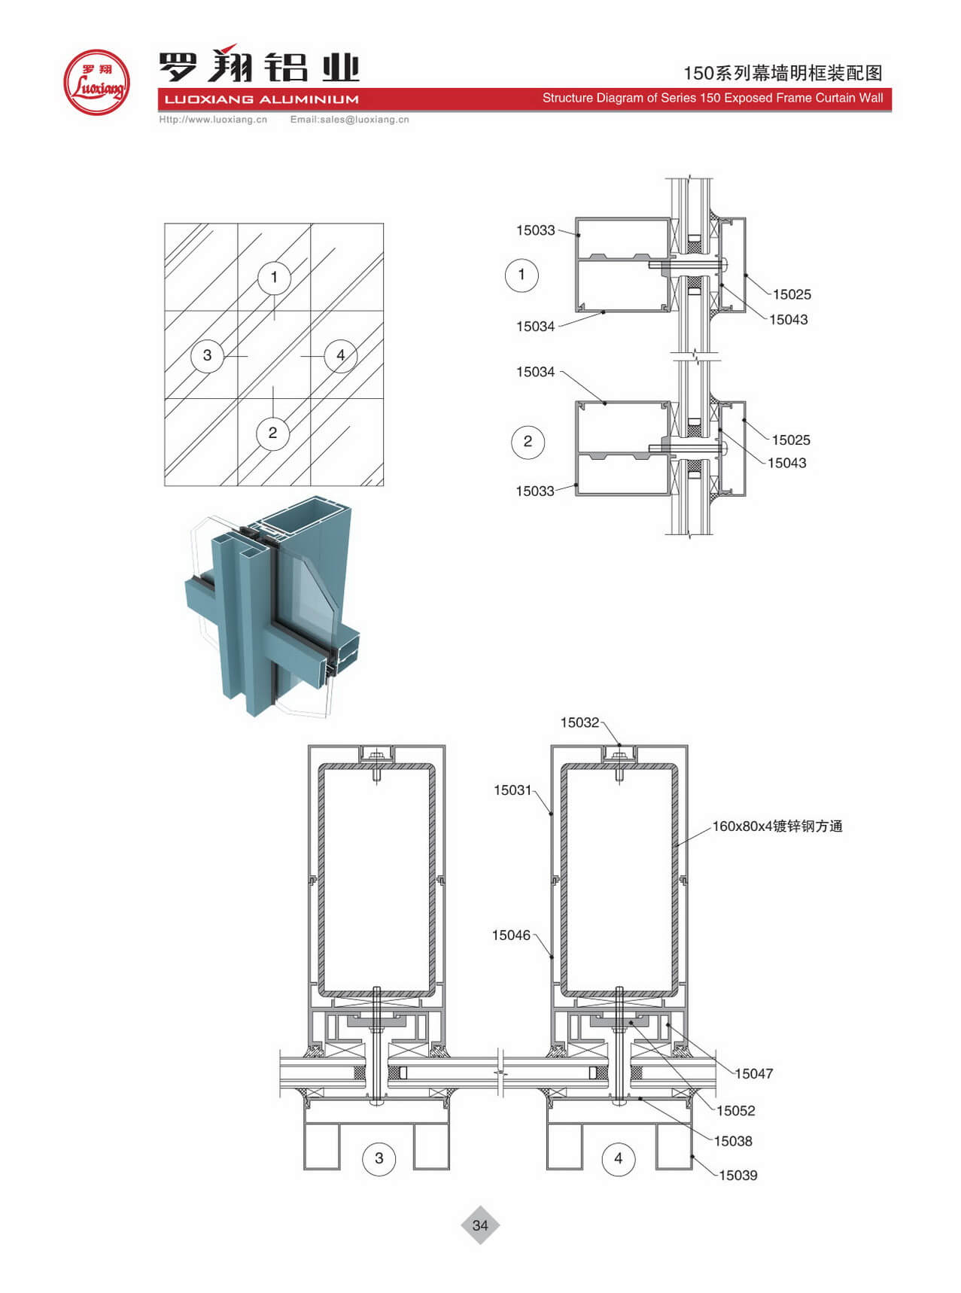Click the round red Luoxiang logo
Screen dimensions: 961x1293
click(x=96, y=82)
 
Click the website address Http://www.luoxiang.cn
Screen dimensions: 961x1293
click(x=213, y=119)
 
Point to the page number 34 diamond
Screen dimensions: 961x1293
click(x=480, y=1225)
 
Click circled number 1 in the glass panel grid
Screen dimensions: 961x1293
click(x=274, y=277)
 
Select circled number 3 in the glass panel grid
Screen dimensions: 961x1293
click(x=207, y=355)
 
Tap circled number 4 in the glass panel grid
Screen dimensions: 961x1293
click(x=341, y=355)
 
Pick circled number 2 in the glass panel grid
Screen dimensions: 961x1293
click(x=272, y=433)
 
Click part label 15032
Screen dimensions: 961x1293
click(x=579, y=723)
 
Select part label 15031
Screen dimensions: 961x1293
click(x=512, y=790)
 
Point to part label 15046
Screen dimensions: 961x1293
click(x=511, y=936)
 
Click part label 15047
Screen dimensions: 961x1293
click(x=754, y=1074)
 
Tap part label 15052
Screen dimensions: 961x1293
click(x=736, y=1111)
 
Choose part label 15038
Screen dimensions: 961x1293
click(x=733, y=1142)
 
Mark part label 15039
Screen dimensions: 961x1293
click(x=738, y=1176)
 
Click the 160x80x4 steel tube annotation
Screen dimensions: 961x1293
click(x=777, y=826)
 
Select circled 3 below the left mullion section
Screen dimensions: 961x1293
click(x=379, y=1158)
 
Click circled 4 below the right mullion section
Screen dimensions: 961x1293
click(x=619, y=1158)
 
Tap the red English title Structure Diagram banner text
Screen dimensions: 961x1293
click(x=713, y=98)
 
